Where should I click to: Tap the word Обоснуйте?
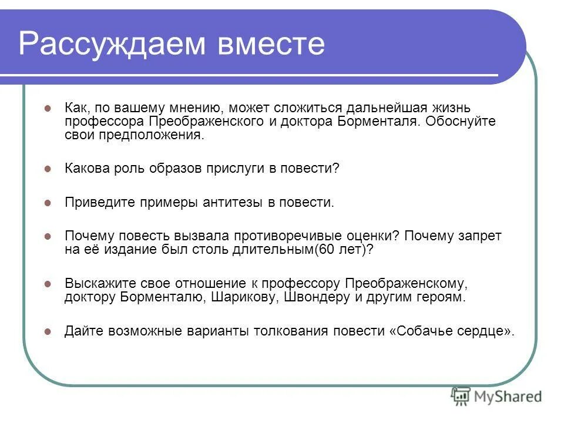tap(459, 122)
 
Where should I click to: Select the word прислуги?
tap(236, 169)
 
